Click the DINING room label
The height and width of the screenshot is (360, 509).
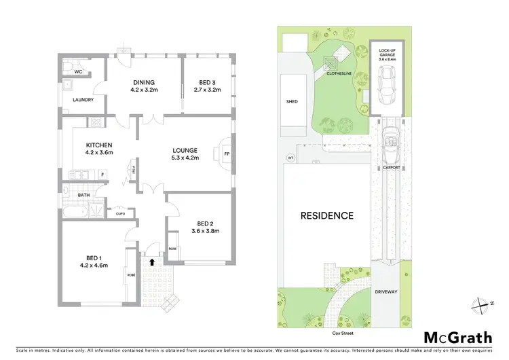(x=143, y=82)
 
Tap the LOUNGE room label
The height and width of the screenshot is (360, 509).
(x=185, y=150)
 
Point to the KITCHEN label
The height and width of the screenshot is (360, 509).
(x=98, y=145)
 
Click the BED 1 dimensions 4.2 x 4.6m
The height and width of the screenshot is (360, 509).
(x=95, y=265)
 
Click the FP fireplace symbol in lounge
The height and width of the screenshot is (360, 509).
(x=227, y=154)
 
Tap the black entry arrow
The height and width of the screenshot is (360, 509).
(x=151, y=260)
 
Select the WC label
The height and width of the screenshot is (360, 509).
(x=79, y=71)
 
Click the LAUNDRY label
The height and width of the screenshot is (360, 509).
(x=83, y=100)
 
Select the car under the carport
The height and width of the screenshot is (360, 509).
(x=392, y=141)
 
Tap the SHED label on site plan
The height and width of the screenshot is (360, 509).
(x=292, y=102)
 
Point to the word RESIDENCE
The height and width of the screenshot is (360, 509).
(x=327, y=216)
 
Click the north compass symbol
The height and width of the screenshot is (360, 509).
(x=483, y=304)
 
